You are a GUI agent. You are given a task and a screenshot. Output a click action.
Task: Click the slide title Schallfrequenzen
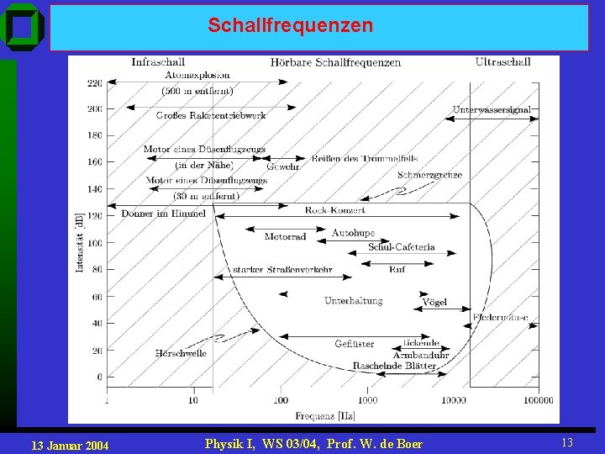click(290, 26)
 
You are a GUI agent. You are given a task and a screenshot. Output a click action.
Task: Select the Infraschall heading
click(158, 61)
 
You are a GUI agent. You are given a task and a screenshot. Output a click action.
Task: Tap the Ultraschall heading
click(502, 61)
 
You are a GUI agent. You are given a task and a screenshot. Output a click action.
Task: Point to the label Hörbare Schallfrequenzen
click(335, 62)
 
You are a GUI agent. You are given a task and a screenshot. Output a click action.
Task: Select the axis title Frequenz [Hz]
click(324, 415)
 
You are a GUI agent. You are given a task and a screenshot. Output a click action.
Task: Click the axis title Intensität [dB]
click(80, 242)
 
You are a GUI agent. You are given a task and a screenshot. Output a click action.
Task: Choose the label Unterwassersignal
click(492, 109)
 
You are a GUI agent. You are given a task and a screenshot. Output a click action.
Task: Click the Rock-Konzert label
click(334, 210)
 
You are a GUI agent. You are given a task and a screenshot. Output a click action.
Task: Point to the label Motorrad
click(285, 237)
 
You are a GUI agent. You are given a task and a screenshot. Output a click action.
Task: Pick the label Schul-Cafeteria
click(401, 247)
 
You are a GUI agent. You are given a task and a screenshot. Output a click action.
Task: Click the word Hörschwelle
click(181, 353)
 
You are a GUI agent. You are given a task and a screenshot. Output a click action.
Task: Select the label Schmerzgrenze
click(429, 175)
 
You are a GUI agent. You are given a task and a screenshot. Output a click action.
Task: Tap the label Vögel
click(434, 302)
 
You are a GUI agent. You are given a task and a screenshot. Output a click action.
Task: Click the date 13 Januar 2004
click(69, 444)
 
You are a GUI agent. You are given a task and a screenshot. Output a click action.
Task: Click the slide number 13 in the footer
click(566, 442)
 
